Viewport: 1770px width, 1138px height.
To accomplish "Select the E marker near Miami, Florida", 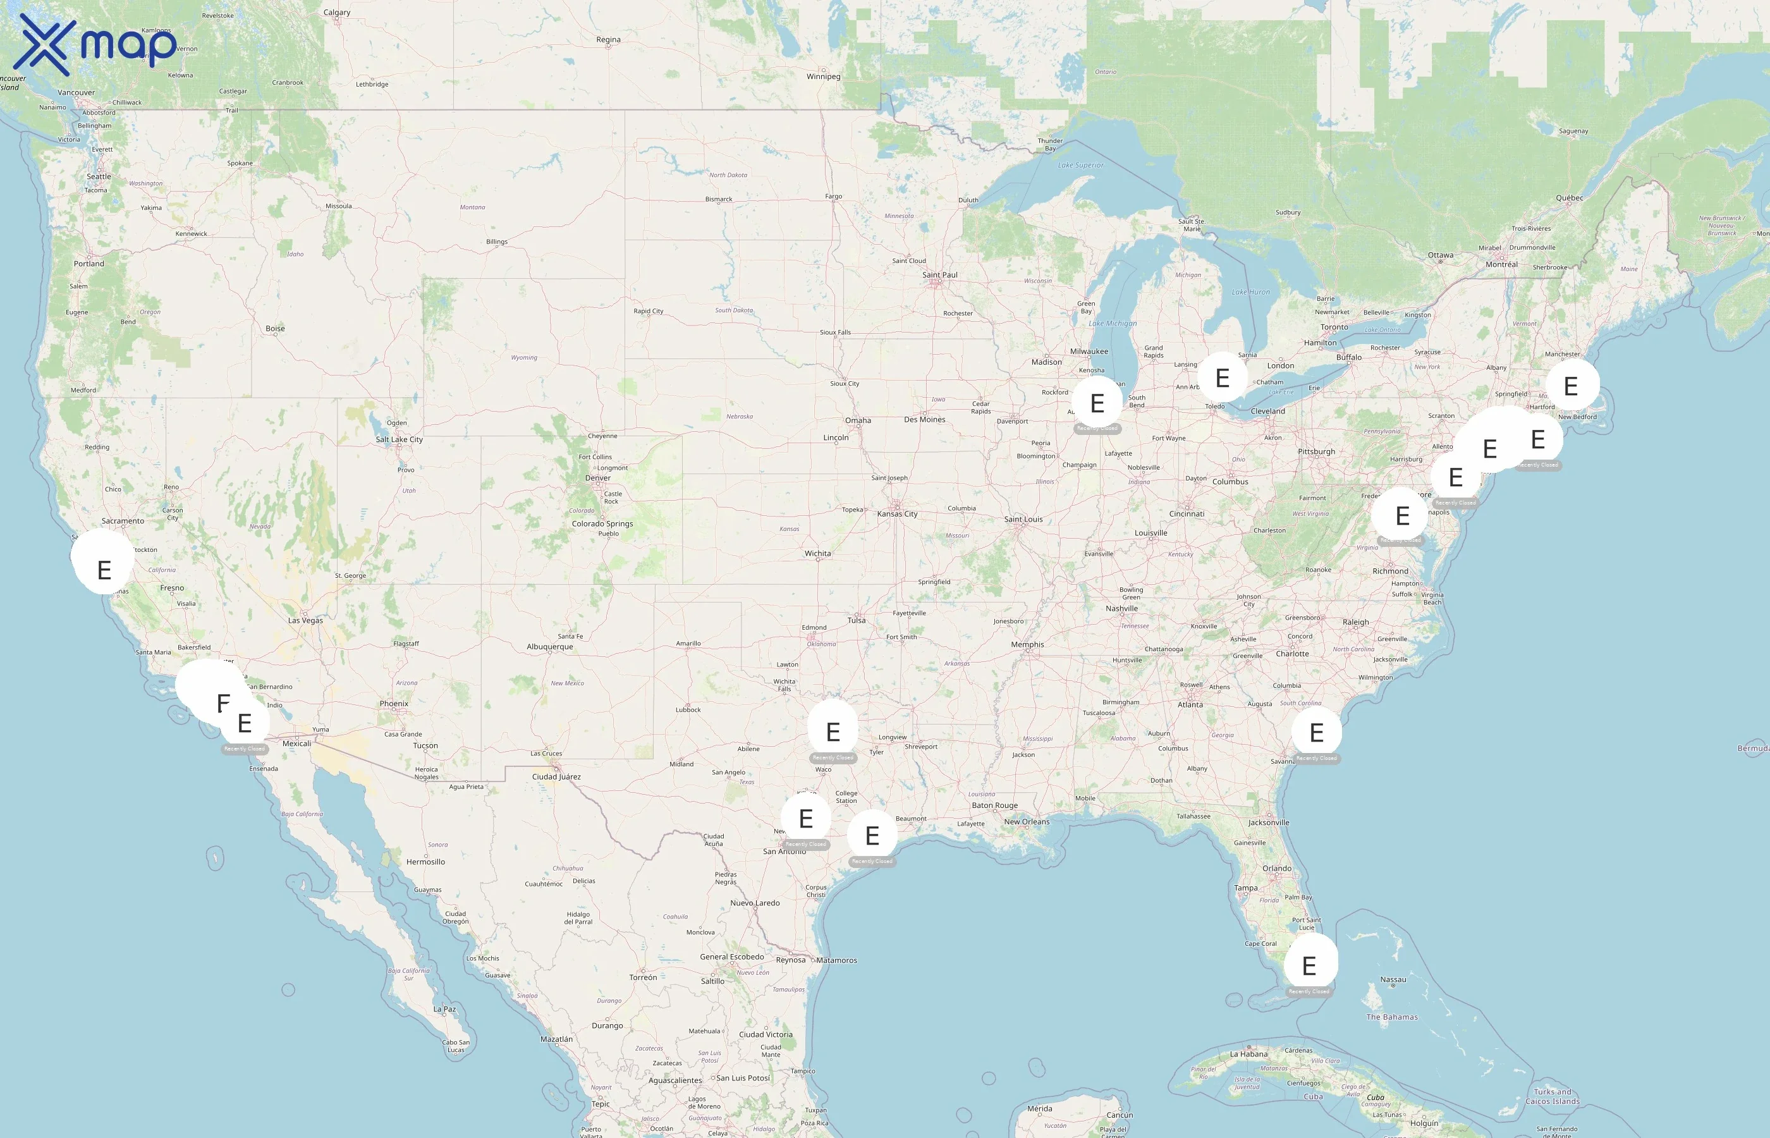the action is click(x=1309, y=965).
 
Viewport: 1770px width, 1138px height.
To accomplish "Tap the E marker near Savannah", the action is click(x=1316, y=732).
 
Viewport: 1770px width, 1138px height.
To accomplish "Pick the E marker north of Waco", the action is click(x=833, y=731).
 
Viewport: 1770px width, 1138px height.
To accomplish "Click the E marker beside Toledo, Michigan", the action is click(x=1223, y=377).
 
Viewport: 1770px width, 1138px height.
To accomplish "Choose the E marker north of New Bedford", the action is click(x=1572, y=386).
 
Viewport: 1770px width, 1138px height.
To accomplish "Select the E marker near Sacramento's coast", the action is click(x=104, y=569).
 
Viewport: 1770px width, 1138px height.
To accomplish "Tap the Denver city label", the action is click(x=597, y=478).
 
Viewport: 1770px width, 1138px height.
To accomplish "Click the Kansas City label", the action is click(x=897, y=513).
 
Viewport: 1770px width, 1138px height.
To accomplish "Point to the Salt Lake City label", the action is click(x=399, y=439).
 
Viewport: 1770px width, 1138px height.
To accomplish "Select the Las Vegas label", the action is click(x=305, y=621).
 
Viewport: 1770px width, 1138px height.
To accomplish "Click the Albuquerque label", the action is click(x=549, y=647).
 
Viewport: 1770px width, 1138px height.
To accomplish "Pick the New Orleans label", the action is click(x=1026, y=822).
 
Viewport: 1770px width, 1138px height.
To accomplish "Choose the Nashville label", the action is click(x=1121, y=609).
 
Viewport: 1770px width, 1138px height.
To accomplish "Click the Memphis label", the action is click(x=1028, y=644).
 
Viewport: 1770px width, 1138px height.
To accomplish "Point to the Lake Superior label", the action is click(x=1080, y=166).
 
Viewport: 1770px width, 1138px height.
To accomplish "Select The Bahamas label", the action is click(x=1392, y=1017).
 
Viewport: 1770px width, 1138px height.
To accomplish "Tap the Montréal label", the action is click(x=1501, y=264).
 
